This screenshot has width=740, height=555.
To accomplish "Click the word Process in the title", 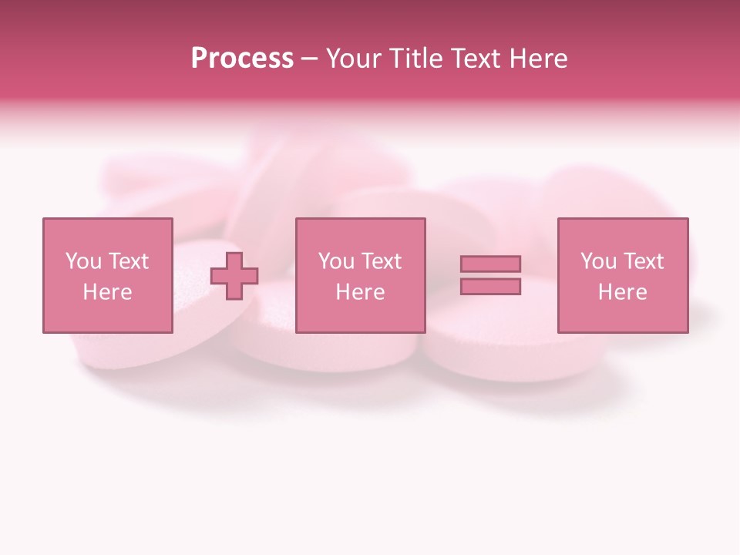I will [x=242, y=59].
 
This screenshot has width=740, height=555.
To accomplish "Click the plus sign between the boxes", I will [x=234, y=276].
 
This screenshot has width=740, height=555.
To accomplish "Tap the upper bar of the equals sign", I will [x=490, y=264].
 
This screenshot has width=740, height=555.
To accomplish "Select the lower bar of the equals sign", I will [x=490, y=287].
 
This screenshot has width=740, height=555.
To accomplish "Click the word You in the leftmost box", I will [x=83, y=261].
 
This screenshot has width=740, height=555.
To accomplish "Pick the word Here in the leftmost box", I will [x=107, y=292].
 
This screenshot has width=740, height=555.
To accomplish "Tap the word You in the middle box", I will [x=336, y=261].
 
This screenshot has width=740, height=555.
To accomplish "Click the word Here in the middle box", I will [x=360, y=292].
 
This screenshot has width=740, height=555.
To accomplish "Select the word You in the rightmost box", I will [x=598, y=261].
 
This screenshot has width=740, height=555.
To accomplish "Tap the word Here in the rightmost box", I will [x=622, y=292].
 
